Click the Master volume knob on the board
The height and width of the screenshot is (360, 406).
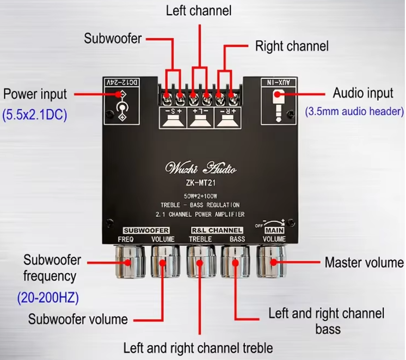coord(271,261)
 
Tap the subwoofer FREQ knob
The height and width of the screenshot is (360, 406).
coord(130,262)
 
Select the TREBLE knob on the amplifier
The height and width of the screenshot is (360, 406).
coord(201,261)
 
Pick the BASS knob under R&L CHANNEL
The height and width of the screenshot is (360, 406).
coord(235,261)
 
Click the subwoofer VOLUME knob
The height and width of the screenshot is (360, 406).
coord(165,261)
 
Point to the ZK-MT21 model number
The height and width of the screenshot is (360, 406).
coord(201,183)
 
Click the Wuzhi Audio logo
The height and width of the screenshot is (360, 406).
coord(201,168)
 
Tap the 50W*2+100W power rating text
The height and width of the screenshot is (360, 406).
coord(200,196)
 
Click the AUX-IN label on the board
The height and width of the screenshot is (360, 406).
coord(279,82)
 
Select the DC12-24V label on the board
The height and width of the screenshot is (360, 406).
coord(122,82)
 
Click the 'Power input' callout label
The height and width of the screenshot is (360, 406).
coord(35,94)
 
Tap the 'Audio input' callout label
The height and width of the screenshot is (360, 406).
coord(363,93)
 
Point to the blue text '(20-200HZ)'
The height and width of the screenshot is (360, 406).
coord(48,297)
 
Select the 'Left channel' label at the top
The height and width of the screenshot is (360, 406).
coord(199,11)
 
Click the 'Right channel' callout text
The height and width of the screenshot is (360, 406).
coord(292,46)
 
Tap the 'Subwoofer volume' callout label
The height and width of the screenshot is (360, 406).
coord(78,319)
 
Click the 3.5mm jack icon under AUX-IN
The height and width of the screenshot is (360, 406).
coord(278,106)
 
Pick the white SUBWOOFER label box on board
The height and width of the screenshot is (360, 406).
coord(146,230)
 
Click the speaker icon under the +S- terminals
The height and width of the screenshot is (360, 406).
coord(173,121)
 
